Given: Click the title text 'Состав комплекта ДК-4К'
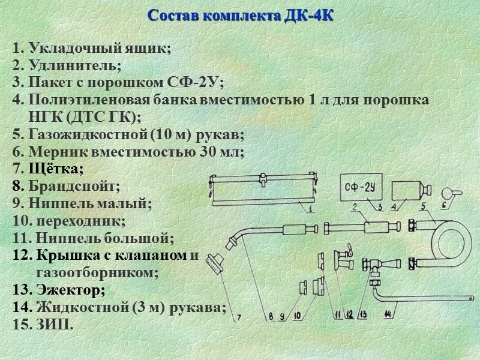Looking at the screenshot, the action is pyautogui.click(x=240, y=15).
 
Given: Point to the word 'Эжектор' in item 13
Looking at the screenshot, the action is pyautogui.click(x=71, y=290).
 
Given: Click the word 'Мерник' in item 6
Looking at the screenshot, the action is pyautogui.click(x=57, y=152).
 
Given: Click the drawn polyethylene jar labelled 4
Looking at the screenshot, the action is pyautogui.click(x=406, y=190).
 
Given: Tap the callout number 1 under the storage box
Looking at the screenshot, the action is pyautogui.click(x=311, y=209).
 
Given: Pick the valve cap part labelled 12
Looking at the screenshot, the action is pyautogui.click(x=344, y=256).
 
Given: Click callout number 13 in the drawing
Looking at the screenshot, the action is pyautogui.click(x=362, y=313).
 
